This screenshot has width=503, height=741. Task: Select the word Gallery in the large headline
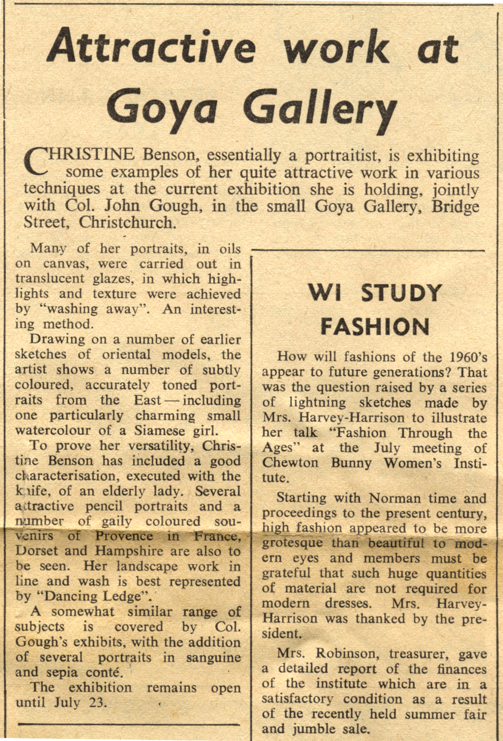point(319,109)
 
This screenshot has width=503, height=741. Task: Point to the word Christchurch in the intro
point(127,222)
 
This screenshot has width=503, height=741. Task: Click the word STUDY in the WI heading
point(401,293)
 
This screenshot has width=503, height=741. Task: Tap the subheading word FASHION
point(375,327)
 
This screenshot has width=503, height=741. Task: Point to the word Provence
point(124,536)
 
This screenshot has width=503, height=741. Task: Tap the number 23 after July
point(97,702)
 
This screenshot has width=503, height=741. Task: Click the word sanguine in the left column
point(213,658)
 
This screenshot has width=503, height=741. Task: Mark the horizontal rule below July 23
point(128,724)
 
